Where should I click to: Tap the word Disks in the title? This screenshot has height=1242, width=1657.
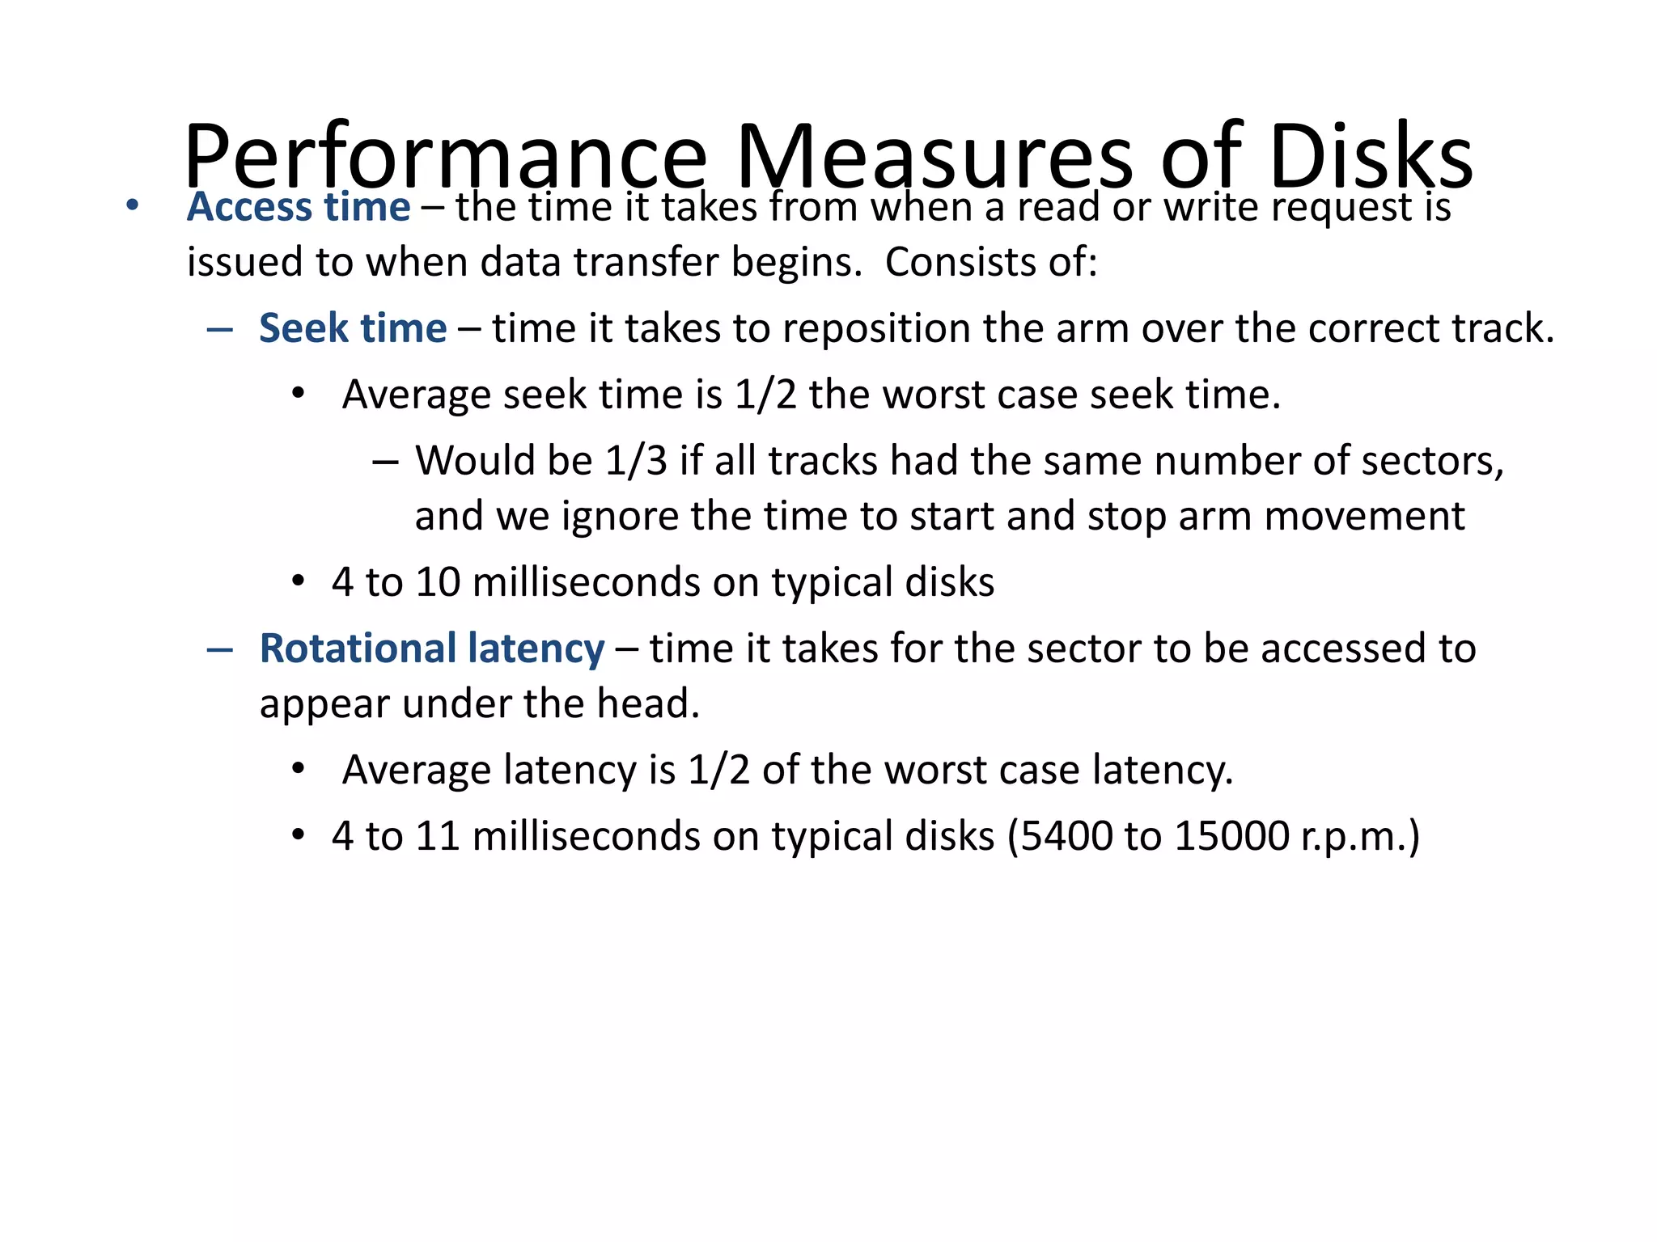tap(1371, 156)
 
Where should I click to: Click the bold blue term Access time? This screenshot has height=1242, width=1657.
tap(298, 207)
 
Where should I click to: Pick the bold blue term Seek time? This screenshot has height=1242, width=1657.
tap(353, 328)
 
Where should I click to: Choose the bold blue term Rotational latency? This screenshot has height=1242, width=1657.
tap(432, 648)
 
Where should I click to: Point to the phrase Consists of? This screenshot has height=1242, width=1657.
tap(991, 262)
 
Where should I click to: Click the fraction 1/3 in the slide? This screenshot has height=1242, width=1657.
tap(635, 461)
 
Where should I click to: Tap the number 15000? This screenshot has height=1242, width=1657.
tap(1231, 836)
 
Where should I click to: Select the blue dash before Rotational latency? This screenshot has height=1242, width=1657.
tap(220, 649)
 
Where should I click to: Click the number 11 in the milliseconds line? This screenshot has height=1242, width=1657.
tap(438, 836)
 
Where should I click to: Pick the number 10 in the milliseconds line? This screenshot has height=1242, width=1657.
tap(438, 582)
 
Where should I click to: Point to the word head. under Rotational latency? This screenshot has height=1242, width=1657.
tap(648, 703)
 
